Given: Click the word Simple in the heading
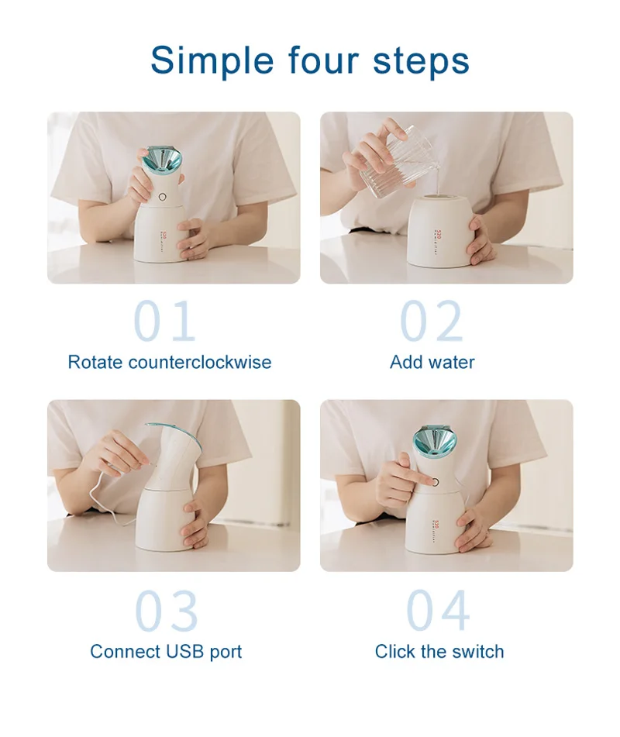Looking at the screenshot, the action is click(x=212, y=60).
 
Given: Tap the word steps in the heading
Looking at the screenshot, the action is click(x=421, y=62).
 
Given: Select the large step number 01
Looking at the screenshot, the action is click(x=164, y=321).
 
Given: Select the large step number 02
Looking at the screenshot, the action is click(x=432, y=321).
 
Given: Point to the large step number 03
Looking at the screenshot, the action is click(x=167, y=611).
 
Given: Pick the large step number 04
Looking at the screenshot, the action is click(x=438, y=611).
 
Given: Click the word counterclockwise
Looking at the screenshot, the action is click(x=200, y=362).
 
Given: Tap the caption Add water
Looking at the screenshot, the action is click(x=432, y=362).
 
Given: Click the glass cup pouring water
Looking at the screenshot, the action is click(x=389, y=162).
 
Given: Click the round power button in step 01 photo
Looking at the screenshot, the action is click(x=163, y=198).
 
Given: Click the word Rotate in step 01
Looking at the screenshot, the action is click(x=95, y=362).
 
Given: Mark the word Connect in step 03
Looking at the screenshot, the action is click(x=126, y=652).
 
